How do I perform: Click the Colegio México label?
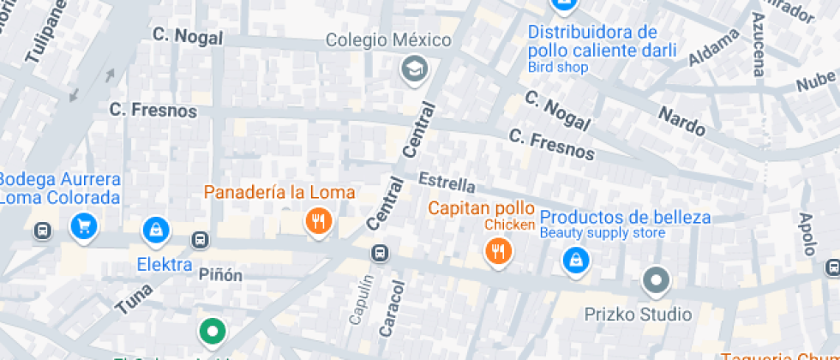pos(388,40)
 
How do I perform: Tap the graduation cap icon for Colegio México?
pos(415,69)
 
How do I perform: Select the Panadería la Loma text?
pos(279,192)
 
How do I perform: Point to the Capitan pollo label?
pos(481,208)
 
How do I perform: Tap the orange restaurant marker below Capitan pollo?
pos(498,251)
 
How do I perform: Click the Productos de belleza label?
pos(625,217)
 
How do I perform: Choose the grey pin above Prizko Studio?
pos(657,279)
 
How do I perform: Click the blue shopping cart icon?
pos(84,227)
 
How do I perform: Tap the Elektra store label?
pos(165,264)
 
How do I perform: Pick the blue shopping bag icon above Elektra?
pos(156,228)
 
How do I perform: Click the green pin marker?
pos(212,330)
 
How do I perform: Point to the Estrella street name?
pos(447,183)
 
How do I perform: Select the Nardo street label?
pos(682,122)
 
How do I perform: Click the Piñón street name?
pos(220,275)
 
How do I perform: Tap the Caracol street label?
pos(392,306)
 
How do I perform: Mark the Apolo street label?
pos(807,234)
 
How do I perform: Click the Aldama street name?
pos(713,46)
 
